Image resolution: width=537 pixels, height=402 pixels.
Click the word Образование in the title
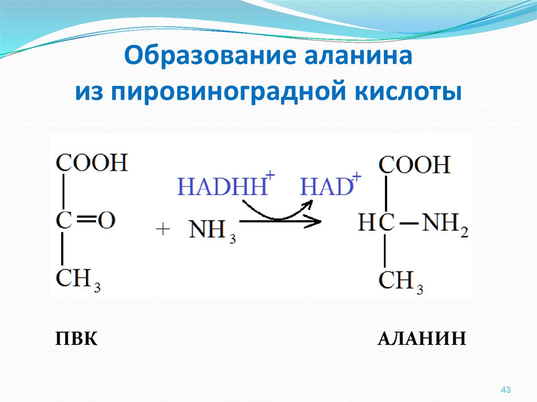209,55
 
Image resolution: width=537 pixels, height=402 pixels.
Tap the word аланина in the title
358,56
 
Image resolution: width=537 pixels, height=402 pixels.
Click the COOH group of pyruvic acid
92,162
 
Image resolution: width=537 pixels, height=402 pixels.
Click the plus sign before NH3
163,229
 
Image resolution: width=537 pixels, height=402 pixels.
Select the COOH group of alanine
414,165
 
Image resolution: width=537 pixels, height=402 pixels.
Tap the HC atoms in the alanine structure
377,222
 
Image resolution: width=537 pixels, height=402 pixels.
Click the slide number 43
506,389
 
